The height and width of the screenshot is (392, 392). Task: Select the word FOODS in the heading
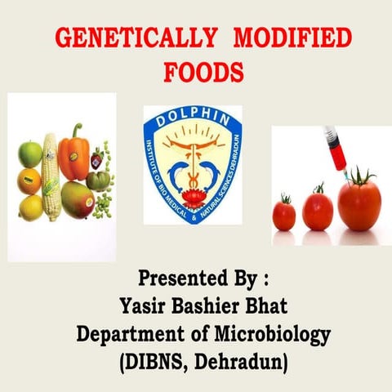click(x=203, y=72)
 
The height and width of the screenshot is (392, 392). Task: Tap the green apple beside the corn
click(x=29, y=153)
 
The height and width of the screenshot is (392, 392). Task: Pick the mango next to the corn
click(x=77, y=200)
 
